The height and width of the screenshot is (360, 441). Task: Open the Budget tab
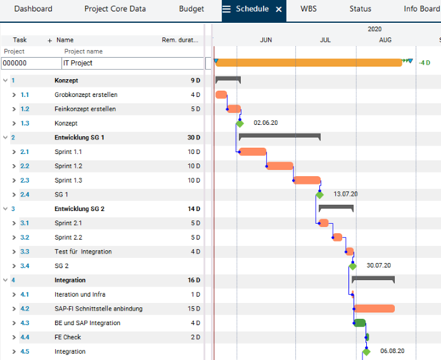coord(191,9)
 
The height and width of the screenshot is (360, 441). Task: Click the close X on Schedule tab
coord(279,10)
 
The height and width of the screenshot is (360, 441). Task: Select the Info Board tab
coord(421,9)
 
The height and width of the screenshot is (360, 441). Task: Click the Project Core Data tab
coord(115,9)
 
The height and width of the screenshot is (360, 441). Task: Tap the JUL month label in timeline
coord(325,40)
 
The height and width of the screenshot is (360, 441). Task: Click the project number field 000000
coord(30,63)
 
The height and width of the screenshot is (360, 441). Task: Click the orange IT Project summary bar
coord(309,63)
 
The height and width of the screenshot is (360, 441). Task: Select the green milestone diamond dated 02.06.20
coord(240,123)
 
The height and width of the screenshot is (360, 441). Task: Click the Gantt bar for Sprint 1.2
coord(279,166)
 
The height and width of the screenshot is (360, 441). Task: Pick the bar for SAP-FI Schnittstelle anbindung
coord(374,309)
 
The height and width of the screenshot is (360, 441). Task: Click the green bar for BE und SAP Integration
coord(360,323)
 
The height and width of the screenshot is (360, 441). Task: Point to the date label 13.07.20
coord(345,195)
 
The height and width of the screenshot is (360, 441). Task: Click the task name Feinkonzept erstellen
coord(85,109)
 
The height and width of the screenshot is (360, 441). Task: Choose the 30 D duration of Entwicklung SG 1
coord(193,138)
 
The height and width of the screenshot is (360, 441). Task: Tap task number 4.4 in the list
coord(25,337)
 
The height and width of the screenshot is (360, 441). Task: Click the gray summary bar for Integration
coord(373,279)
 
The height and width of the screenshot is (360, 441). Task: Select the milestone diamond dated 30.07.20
coord(353,266)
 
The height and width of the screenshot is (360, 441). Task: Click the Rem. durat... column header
coord(180,40)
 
